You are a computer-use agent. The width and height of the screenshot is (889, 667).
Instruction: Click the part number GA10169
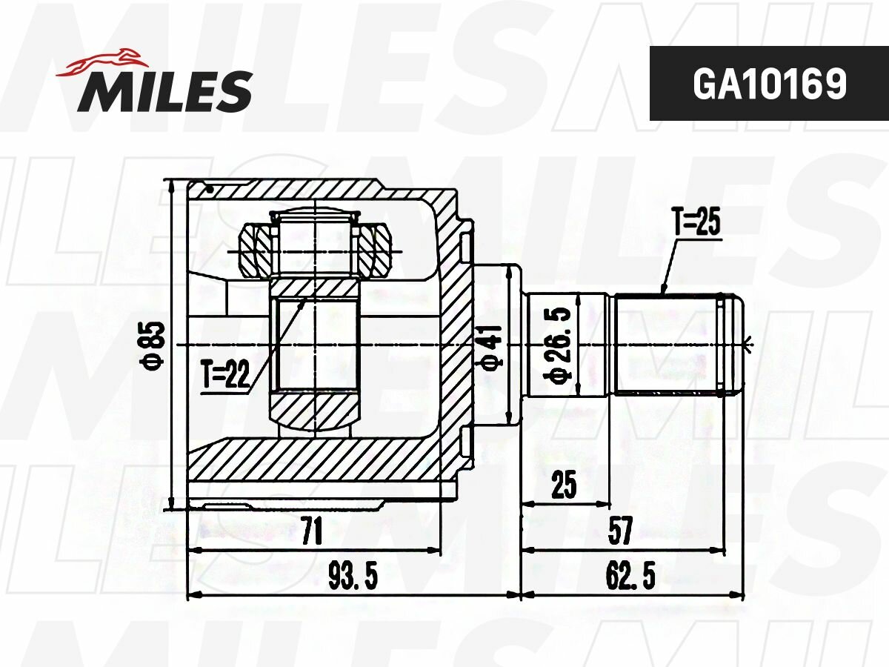pyautogui.click(x=770, y=84)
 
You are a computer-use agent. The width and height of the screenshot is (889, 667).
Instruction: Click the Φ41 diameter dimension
pyautogui.click(x=492, y=348)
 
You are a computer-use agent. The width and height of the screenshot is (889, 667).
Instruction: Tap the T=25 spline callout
pyautogui.click(x=696, y=222)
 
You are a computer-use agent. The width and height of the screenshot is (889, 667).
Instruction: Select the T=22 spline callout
pyautogui.click(x=226, y=374)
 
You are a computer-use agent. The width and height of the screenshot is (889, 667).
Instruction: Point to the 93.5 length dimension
pyautogui.click(x=353, y=577)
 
